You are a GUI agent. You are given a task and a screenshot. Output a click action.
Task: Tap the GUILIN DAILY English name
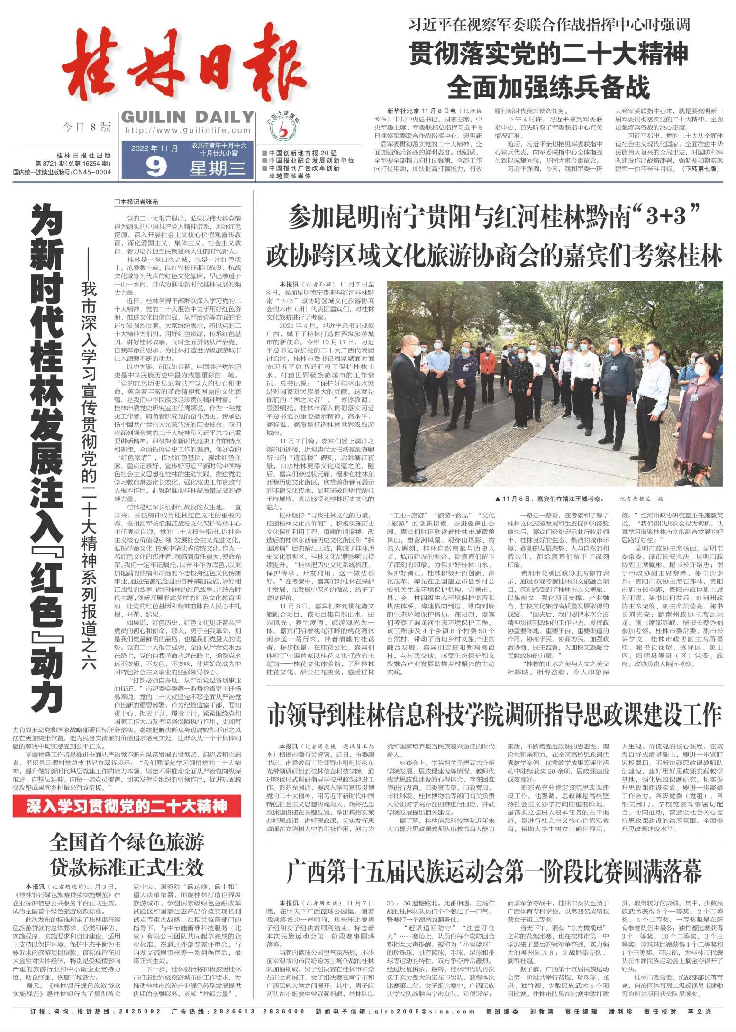[188, 116]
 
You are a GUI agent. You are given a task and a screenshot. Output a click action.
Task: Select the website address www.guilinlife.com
[188, 130]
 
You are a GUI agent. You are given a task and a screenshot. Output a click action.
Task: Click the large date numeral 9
[156, 166]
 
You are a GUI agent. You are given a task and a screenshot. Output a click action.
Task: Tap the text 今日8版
[87, 127]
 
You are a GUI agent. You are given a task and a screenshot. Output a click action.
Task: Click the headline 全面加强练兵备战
[548, 86]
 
